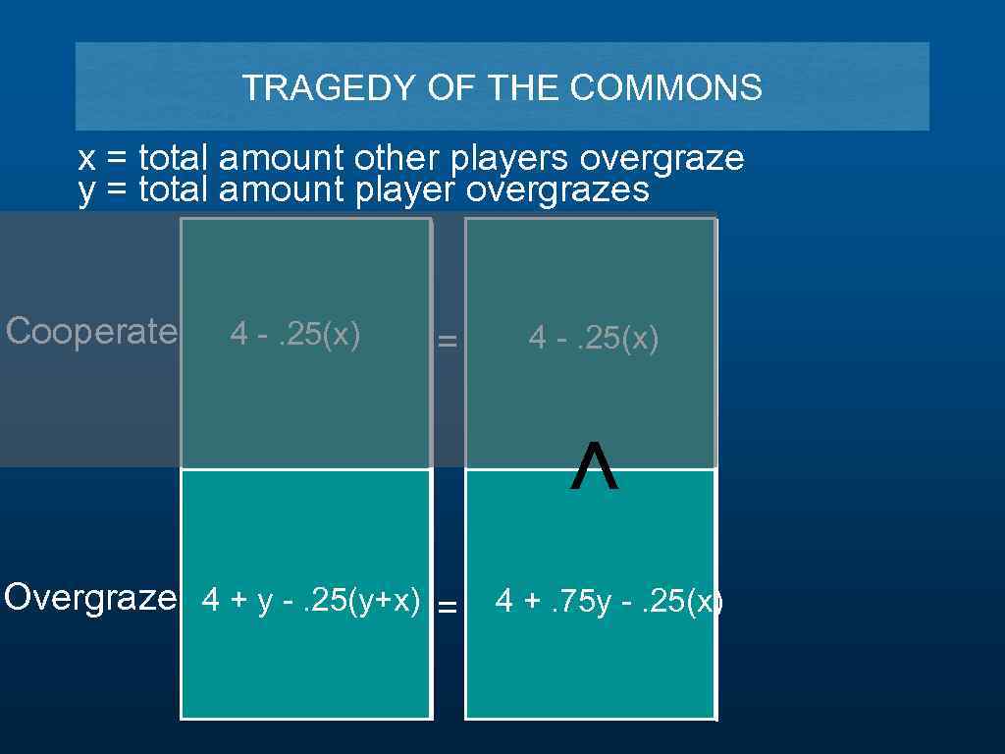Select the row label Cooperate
(91, 332)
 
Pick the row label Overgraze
(90, 597)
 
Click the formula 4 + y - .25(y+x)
(311, 599)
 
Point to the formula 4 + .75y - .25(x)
(608, 601)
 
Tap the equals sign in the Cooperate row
(448, 342)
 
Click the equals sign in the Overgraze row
(448, 607)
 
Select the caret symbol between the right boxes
(594, 467)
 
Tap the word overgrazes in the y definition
(557, 190)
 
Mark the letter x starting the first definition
(86, 159)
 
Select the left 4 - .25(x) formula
(295, 335)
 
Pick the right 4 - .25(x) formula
(594, 339)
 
